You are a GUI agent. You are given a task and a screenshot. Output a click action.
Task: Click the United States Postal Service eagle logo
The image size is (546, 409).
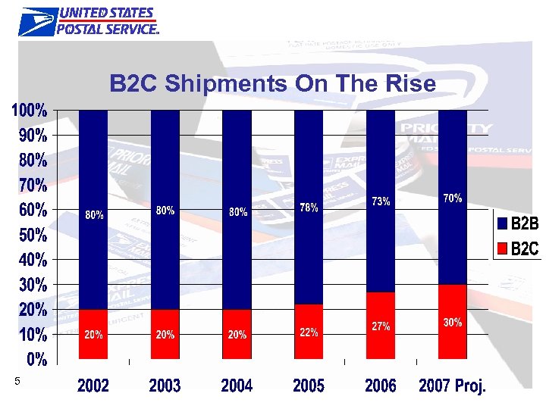36,21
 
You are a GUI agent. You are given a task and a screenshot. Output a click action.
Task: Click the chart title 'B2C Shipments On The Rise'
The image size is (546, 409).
273,83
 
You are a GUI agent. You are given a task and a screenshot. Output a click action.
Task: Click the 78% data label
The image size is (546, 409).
309,208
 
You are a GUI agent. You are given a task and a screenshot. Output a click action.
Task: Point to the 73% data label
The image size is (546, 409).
381,201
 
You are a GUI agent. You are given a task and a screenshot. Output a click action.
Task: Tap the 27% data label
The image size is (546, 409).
381,326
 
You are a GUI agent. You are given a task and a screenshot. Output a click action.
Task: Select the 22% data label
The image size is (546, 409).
309,333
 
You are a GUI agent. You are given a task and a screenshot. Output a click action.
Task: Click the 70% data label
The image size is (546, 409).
453,198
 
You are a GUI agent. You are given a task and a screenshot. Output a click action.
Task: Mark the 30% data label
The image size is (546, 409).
453,323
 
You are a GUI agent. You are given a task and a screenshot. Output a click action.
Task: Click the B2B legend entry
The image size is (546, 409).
517,224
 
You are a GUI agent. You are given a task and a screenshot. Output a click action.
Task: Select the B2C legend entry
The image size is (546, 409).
517,248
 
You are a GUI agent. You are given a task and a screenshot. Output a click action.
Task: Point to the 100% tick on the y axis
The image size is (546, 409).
29,111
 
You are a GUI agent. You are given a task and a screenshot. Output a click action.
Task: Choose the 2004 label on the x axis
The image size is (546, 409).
237,386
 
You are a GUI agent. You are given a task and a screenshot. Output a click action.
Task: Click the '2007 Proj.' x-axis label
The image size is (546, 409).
453,386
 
